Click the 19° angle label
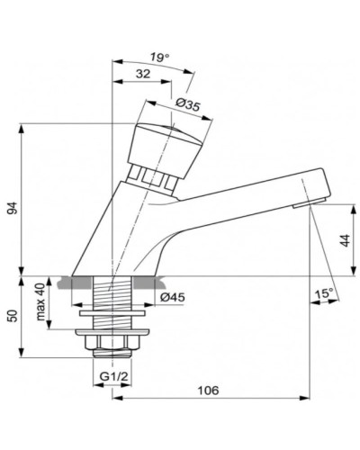point(159,58)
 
